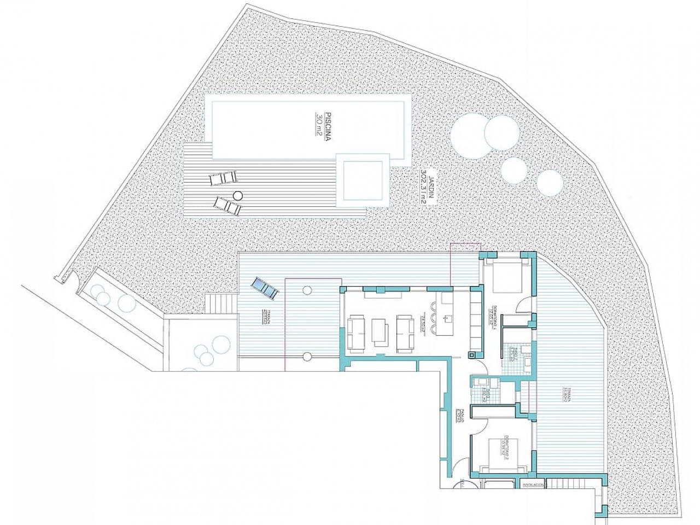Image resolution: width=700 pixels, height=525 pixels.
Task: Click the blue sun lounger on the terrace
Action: [264, 288]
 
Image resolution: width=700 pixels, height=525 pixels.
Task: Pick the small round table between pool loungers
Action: [237, 195]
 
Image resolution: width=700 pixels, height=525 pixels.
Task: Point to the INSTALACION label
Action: [533, 485]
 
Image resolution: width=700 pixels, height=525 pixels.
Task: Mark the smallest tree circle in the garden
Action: [549, 183]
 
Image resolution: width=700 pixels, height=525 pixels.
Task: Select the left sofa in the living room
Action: [357, 332]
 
